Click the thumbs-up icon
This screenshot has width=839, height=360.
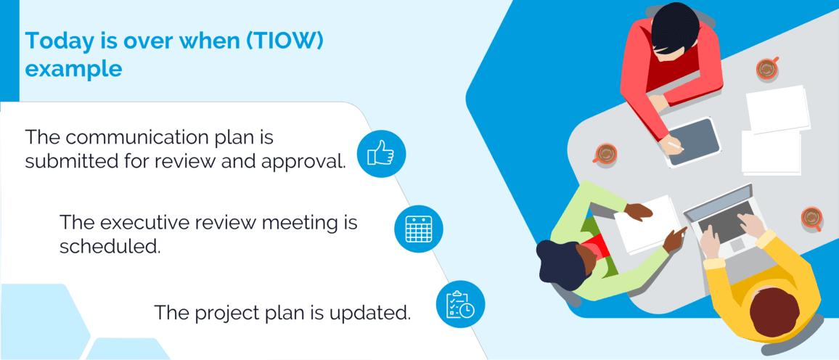click(381, 153)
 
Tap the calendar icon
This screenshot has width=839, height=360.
click(418, 229)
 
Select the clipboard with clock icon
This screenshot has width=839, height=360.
click(460, 304)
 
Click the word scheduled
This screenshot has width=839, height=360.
click(110, 246)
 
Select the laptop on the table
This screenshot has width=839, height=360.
click(721, 218)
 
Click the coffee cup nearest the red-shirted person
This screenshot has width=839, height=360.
click(766, 69)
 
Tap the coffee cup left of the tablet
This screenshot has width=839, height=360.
click(604, 153)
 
